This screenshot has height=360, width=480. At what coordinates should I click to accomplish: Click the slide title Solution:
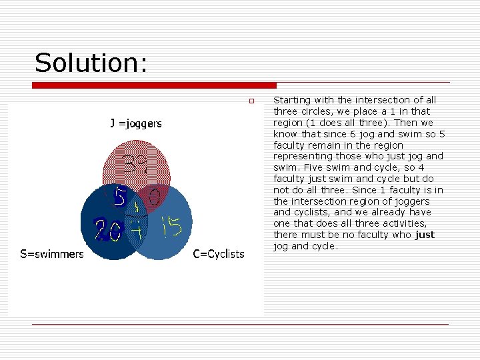[x=91, y=63]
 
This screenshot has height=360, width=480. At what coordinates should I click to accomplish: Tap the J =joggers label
[x=135, y=123]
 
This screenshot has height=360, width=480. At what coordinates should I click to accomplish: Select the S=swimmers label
[x=52, y=253]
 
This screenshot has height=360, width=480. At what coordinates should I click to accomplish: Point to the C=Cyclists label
[x=219, y=253]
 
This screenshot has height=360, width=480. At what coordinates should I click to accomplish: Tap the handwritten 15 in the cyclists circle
[x=171, y=228]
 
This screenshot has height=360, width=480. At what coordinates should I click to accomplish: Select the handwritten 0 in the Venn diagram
[x=153, y=196]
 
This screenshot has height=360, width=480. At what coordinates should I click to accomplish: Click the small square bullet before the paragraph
[x=251, y=101]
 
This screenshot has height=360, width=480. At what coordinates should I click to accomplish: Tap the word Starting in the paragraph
[x=291, y=100]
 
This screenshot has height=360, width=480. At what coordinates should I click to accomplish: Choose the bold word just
[x=424, y=235]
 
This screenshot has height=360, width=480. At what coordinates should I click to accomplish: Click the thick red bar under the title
[x=154, y=85]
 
